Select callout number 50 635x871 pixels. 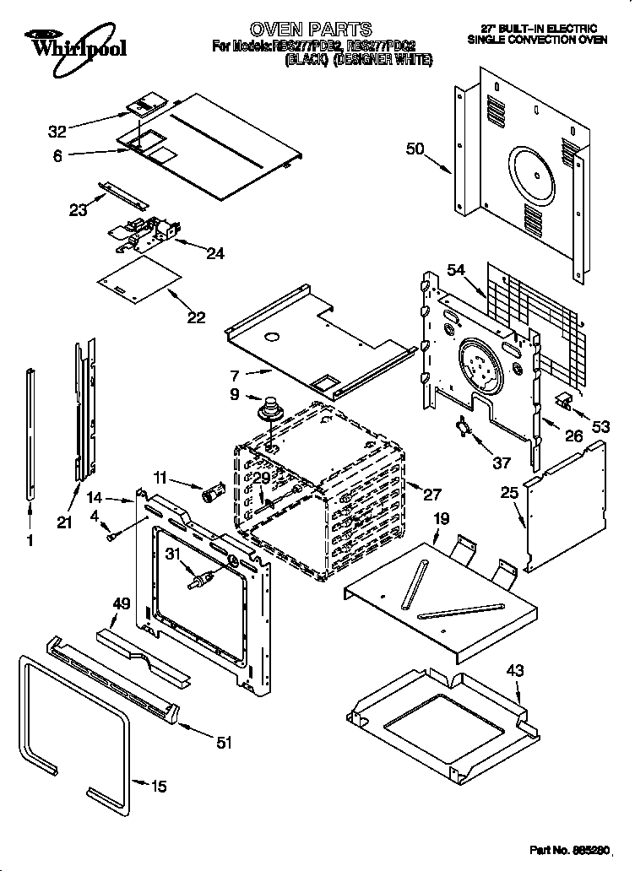pyautogui.click(x=415, y=149)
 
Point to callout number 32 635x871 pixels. pyautogui.click(x=57, y=131)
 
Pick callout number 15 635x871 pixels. pyautogui.click(x=158, y=787)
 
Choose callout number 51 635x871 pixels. pyautogui.click(x=223, y=743)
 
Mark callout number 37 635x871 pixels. pyautogui.click(x=501, y=462)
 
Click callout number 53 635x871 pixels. pyautogui.click(x=600, y=427)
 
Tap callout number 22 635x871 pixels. pyautogui.click(x=196, y=317)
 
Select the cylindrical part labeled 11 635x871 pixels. pyautogui.click(x=213, y=492)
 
